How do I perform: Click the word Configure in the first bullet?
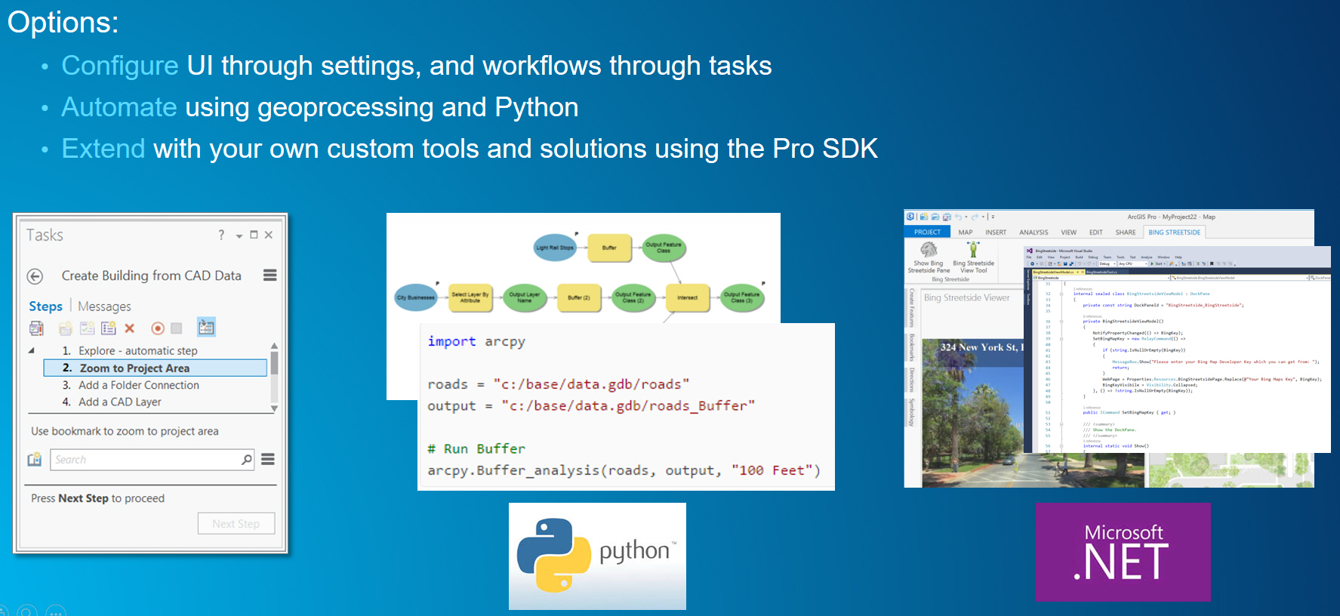coord(119,66)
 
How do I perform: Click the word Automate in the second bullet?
coord(119,107)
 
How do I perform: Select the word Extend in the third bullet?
coord(103,149)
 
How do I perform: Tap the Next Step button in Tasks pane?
coord(236,523)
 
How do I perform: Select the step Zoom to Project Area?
coord(134,368)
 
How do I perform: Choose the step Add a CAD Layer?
coord(120,402)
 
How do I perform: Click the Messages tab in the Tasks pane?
coord(104,306)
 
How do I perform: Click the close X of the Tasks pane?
coord(269,235)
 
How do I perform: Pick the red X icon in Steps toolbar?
coord(130,328)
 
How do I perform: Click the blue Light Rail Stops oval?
coord(555,248)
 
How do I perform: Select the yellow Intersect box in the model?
coord(687,297)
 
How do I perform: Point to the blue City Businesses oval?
coord(416,297)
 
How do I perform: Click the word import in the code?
coord(451,341)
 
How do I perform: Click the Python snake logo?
coord(553,555)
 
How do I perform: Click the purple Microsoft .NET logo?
coord(1123,553)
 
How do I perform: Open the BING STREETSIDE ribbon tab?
coord(1174,233)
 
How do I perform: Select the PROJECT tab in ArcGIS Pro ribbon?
coord(927,233)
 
